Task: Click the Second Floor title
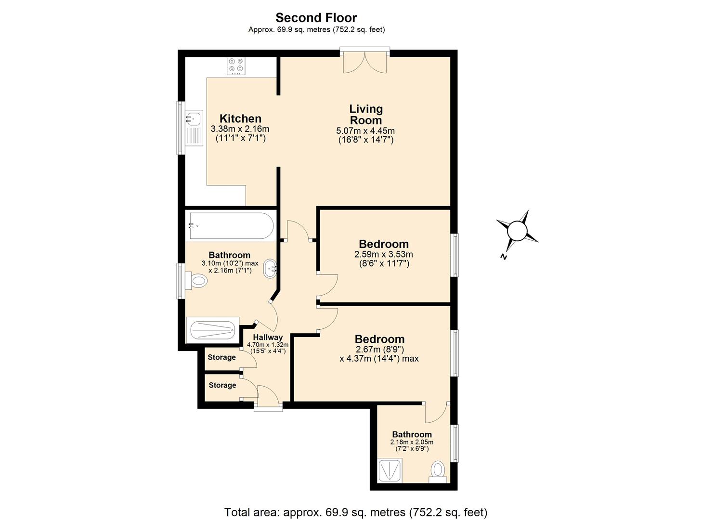pyautogui.click(x=316, y=18)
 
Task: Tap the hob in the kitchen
pyautogui.click(x=236, y=66)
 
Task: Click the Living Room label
pyautogui.click(x=366, y=115)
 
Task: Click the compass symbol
pyautogui.click(x=518, y=230)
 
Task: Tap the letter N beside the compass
pyautogui.click(x=503, y=256)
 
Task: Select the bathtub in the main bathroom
pyautogui.click(x=231, y=226)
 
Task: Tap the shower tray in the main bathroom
pyautogui.click(x=212, y=330)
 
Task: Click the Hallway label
pyautogui.click(x=268, y=338)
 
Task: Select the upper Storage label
pyautogui.click(x=221, y=357)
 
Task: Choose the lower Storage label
pyautogui.click(x=222, y=385)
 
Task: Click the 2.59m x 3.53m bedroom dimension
pyautogui.click(x=384, y=254)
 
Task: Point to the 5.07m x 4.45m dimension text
pyautogui.click(x=365, y=131)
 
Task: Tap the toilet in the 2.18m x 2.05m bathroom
pyautogui.click(x=438, y=469)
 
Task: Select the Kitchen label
pyautogui.click(x=240, y=118)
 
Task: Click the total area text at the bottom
pyautogui.click(x=356, y=512)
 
